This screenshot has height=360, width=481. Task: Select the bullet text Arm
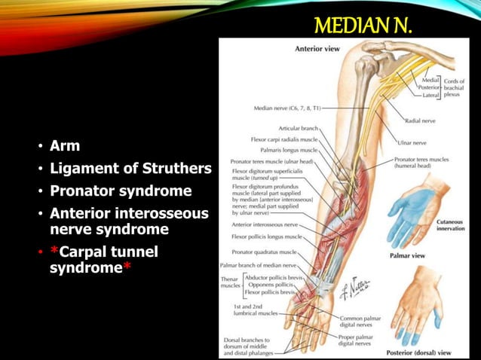click(63, 145)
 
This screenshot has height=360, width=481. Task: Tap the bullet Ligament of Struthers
click(130, 167)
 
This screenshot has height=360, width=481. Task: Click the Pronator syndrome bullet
click(121, 190)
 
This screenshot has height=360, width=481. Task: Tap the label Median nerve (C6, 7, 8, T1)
click(287, 108)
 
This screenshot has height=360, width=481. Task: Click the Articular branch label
click(299, 129)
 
